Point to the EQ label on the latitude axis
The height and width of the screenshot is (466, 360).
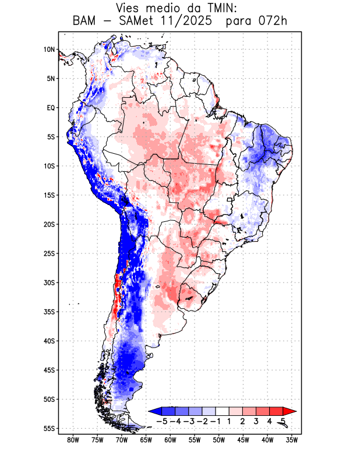coord(51,108)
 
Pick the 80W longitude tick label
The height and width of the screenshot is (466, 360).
coord(73,440)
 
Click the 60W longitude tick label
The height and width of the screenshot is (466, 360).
coord(170,440)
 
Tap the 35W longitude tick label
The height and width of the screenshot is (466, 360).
coord(292,440)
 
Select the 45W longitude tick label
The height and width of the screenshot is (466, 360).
coord(243,440)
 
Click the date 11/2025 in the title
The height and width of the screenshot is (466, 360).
coord(192,21)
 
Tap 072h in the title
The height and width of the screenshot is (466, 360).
coord(273,21)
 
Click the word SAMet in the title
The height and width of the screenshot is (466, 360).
coord(133,21)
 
